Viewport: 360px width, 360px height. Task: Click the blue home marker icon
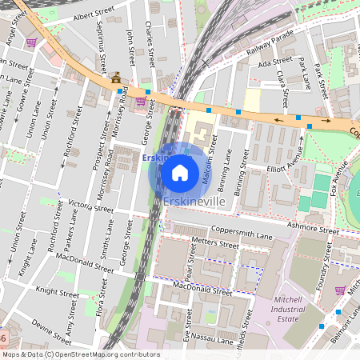pyautogui.click(x=180, y=172)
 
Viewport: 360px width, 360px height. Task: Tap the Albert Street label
pyautogui.click(x=94, y=15)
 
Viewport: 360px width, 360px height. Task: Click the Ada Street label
pyautogui.click(x=277, y=61)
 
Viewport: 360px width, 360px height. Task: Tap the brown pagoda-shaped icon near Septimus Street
pyautogui.click(x=117, y=78)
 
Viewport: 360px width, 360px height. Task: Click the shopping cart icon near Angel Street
pyautogui.click(x=32, y=42)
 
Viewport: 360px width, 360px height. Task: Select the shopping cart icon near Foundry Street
pyautogui.click(x=340, y=290)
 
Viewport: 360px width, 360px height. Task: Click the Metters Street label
pyautogui.click(x=216, y=242)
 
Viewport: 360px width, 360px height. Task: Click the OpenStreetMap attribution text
pyautogui.click(x=80, y=354)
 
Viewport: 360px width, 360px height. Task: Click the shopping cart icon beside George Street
pyautogui.click(x=141, y=101)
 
